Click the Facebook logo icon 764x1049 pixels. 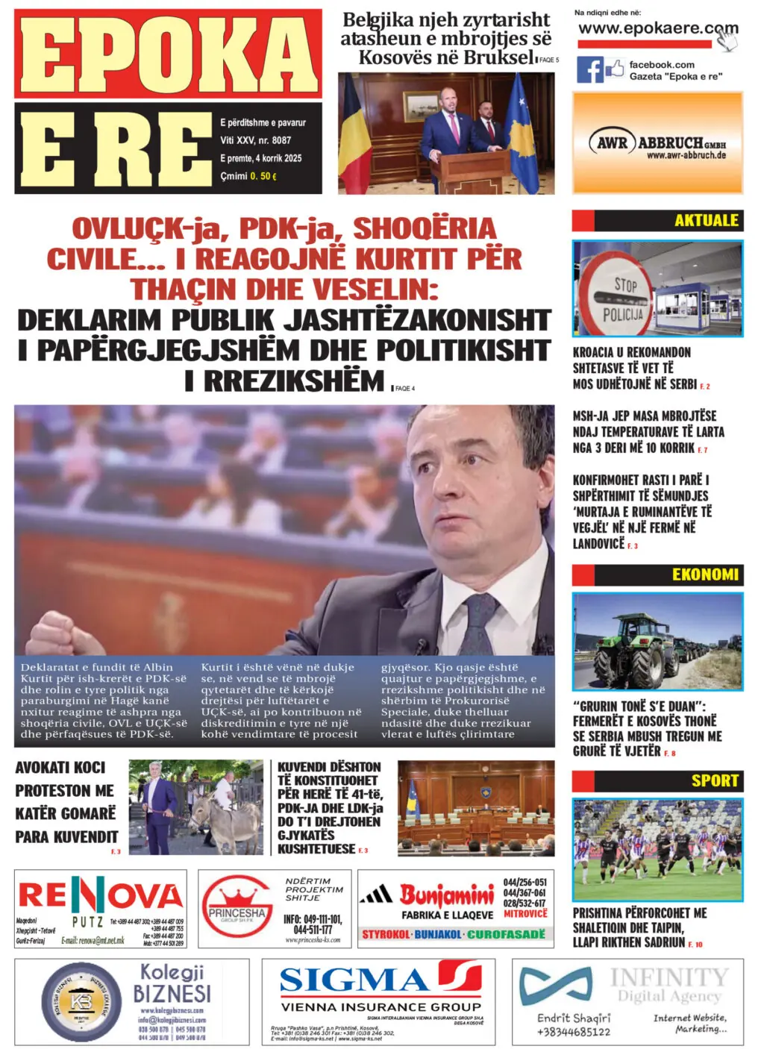(x=589, y=70)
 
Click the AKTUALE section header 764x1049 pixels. (x=705, y=221)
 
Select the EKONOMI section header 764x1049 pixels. (x=704, y=574)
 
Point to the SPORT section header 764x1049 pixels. (x=714, y=780)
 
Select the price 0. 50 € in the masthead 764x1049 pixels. (x=263, y=176)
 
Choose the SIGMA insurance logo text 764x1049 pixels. (x=354, y=980)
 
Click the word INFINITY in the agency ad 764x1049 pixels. (x=668, y=977)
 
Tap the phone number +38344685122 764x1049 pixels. (x=573, y=1032)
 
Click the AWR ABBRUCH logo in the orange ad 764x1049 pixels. (x=657, y=143)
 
